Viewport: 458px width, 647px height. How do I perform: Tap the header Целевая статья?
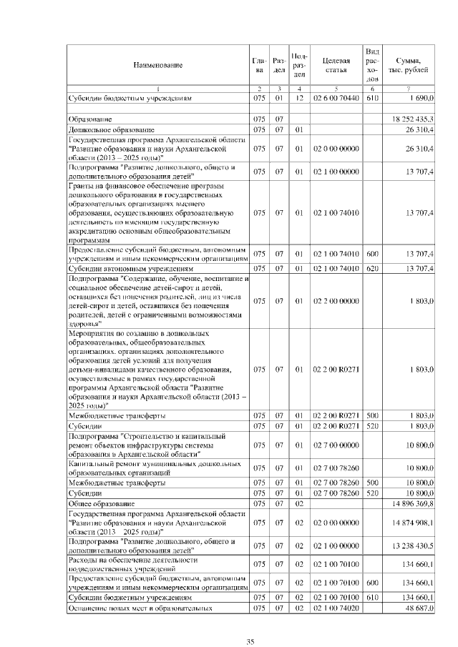click(x=336, y=65)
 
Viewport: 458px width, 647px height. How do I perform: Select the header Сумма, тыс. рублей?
click(x=408, y=65)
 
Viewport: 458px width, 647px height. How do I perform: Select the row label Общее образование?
click(x=101, y=504)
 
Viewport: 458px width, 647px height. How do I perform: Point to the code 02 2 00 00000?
click(x=336, y=301)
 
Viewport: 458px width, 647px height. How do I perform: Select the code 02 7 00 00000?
click(x=336, y=445)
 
